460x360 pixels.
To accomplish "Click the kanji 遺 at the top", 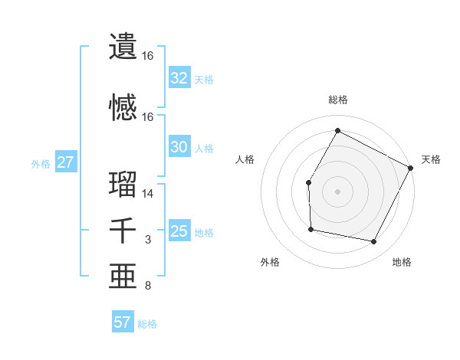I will (123, 46).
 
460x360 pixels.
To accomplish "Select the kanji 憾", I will (123, 106).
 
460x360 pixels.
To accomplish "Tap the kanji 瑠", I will (123, 184).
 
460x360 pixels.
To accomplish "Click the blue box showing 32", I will (179, 78).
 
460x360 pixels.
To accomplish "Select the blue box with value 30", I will (179, 147).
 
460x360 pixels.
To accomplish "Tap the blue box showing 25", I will (179, 231).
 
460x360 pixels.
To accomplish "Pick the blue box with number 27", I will (65, 162).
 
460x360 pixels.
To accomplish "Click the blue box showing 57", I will (123, 322).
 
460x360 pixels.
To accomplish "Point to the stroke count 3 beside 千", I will (148, 241).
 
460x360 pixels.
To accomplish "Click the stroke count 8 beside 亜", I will (148, 286).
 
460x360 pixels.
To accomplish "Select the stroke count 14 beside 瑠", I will (148, 194).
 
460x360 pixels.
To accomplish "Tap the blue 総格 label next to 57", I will (147, 324).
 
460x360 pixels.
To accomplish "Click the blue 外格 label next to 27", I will (41, 163).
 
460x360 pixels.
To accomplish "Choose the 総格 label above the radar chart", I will (337, 100).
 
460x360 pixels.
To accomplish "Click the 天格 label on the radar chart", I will (431, 159).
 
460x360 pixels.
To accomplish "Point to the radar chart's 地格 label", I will (402, 262).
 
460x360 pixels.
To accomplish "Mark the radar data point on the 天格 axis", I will (411, 168).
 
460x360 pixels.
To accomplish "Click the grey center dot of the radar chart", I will (337, 191).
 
